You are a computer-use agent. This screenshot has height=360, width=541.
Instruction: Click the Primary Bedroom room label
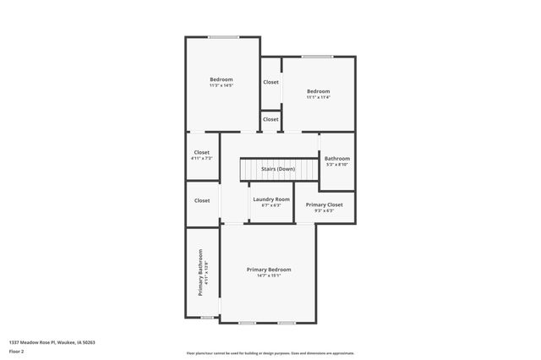(269, 270)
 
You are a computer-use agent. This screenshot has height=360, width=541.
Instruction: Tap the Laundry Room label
(271, 199)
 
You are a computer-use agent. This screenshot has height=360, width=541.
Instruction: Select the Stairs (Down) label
(277, 169)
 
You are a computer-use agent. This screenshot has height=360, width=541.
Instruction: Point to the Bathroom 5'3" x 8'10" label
(336, 159)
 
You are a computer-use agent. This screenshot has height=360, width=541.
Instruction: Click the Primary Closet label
(324, 205)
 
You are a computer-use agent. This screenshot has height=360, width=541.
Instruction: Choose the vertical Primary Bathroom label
(201, 272)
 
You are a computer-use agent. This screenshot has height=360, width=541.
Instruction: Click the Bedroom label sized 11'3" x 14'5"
(221, 79)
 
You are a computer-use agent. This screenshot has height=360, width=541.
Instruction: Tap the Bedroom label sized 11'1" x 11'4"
(318, 91)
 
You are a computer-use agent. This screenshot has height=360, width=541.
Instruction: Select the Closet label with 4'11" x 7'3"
(202, 153)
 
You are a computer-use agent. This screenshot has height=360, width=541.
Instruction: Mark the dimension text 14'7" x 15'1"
(269, 275)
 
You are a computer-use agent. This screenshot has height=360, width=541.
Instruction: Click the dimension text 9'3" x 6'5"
(324, 210)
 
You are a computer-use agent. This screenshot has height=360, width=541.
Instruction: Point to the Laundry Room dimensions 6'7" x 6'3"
(271, 205)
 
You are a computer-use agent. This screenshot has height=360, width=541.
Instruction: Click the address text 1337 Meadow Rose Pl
(52, 342)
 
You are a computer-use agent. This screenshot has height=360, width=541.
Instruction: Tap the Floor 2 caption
(17, 350)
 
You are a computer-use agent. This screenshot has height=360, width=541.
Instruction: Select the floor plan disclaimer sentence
(270, 353)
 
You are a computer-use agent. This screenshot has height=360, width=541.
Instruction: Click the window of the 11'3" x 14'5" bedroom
(223, 36)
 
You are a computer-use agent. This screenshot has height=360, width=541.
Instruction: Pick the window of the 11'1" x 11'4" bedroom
(317, 57)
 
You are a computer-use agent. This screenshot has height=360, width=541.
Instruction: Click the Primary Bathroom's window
(206, 317)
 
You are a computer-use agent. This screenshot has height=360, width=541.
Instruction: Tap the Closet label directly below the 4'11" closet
(202, 200)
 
